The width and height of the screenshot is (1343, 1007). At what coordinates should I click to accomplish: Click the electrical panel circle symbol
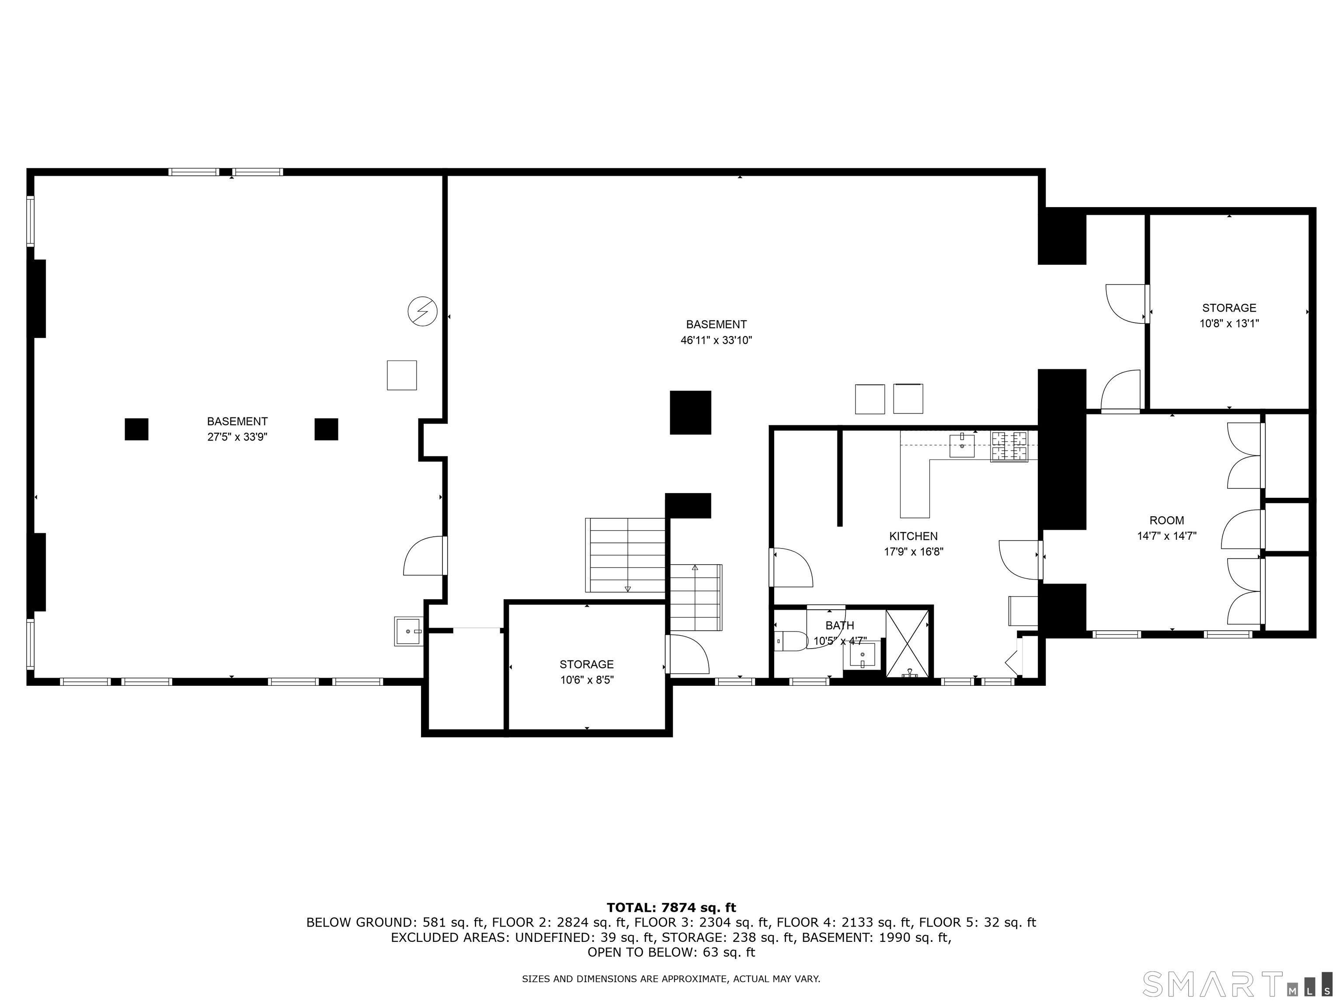[x=422, y=311]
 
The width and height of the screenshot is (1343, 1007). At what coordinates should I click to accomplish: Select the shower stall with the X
[x=907, y=643]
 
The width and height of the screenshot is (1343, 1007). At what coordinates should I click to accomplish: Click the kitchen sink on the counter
[x=962, y=445]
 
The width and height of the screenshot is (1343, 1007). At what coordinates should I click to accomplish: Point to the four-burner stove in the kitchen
[x=1009, y=446]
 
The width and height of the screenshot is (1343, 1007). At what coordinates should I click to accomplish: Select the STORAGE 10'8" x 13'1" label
[x=1229, y=315]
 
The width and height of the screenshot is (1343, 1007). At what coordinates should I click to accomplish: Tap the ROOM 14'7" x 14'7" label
[x=1166, y=528]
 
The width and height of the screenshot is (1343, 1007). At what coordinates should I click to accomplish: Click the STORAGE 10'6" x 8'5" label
[x=587, y=672]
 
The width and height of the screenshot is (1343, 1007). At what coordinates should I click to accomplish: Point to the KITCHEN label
[x=913, y=536]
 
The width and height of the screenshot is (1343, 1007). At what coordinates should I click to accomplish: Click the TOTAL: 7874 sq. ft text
[x=671, y=907]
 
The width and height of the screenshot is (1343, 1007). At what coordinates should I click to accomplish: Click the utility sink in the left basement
[x=409, y=631]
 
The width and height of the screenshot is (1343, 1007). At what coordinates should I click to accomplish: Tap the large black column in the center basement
[x=690, y=412]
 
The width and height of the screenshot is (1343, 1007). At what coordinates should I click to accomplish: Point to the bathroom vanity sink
[x=862, y=656]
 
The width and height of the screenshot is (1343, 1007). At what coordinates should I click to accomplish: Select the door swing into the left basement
[x=425, y=556]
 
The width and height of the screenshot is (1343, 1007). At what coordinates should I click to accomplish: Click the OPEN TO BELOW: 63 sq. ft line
[x=671, y=952]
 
